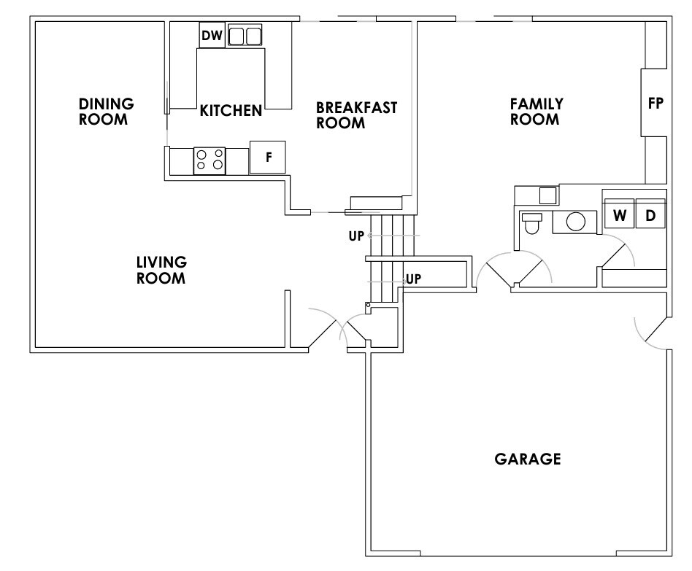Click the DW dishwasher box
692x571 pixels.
point(212,35)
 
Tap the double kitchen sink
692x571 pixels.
point(245,36)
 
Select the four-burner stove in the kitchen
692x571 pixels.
point(209,160)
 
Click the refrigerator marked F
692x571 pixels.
point(268,157)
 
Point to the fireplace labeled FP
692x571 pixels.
point(655,103)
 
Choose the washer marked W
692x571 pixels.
point(619,216)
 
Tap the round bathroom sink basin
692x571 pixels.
point(576,221)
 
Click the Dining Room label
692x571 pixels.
point(107,111)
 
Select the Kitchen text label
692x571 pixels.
point(231,111)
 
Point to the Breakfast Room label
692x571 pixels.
point(356,115)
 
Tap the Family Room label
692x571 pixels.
point(536,112)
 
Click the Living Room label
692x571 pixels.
point(161,270)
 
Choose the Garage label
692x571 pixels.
point(528,459)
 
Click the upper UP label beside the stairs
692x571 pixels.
point(356,236)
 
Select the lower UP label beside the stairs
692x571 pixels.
point(413,279)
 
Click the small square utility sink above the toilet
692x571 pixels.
point(546,195)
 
